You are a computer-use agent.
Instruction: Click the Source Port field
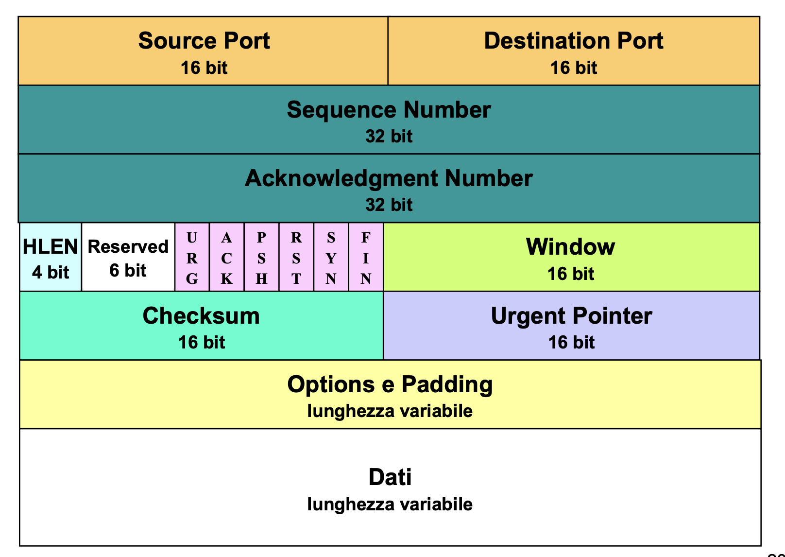(204, 51)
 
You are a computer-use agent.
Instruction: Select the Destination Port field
(574, 51)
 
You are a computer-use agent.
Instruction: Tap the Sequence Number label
(389, 110)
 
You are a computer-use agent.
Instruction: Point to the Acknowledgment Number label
(389, 178)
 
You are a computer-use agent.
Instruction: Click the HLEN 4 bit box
(51, 258)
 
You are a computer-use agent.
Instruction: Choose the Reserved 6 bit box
(128, 258)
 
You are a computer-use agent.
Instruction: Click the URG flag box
(192, 258)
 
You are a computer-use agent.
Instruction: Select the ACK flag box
(227, 258)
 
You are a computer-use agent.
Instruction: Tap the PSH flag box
(261, 258)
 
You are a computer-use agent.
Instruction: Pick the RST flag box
(296, 258)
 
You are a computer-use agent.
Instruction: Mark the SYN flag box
(331, 258)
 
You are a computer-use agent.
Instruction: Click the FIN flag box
(366, 258)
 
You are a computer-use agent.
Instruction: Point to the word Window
(571, 247)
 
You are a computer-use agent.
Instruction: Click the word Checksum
(201, 316)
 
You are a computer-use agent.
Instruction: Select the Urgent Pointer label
(571, 316)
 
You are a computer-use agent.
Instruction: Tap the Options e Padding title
(390, 384)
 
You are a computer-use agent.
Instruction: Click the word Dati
(390, 477)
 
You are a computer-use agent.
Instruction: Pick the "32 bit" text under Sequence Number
(389, 136)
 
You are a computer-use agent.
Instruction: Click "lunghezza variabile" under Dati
(390, 505)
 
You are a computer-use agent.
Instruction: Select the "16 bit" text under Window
(571, 274)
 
